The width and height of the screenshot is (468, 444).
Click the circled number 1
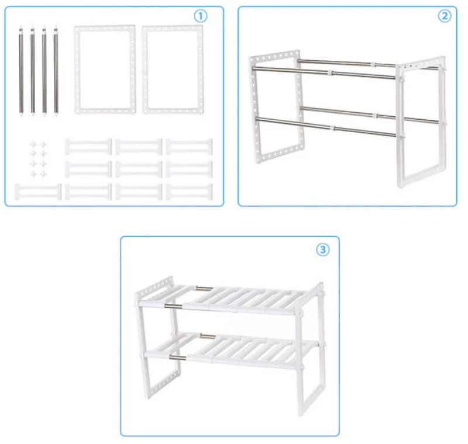pyautogui.click(x=201, y=16)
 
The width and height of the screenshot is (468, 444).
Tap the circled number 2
pyautogui.click(x=445, y=16)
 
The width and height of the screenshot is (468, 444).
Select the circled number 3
pyautogui.click(x=323, y=249)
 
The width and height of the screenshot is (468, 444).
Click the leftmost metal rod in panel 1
pyautogui.click(x=21, y=71)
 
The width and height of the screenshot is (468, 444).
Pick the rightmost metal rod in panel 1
pyautogui.click(x=56, y=71)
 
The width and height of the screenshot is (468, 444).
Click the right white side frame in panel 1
pyautogui.click(x=144, y=70)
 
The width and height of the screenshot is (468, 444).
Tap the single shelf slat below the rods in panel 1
pyautogui.click(x=38, y=192)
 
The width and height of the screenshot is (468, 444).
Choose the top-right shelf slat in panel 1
pyautogui.click(x=189, y=147)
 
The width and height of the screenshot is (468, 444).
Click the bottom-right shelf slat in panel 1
pyautogui.click(x=189, y=192)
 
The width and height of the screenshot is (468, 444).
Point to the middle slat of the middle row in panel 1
pyautogui.click(x=139, y=169)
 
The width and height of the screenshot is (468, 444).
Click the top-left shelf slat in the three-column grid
pyautogui.click(x=88, y=147)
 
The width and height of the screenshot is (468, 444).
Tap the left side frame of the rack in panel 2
pyautogui.click(x=253, y=107)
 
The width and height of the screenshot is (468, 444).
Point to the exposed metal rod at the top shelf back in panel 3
pyautogui.click(x=204, y=288)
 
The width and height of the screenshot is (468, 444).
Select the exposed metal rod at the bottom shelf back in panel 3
pyautogui.click(x=208, y=337)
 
